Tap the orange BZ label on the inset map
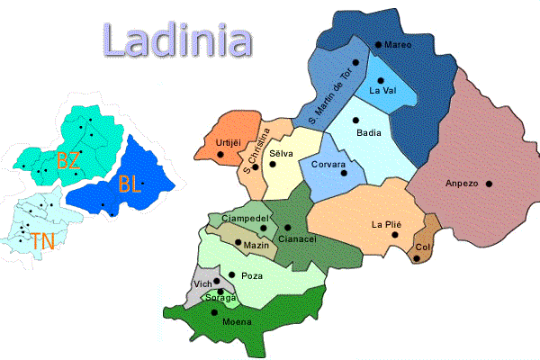[67, 161]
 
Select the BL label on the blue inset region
[129, 185]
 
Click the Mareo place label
[397, 45]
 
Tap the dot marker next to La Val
[381, 80]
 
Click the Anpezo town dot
[490, 184]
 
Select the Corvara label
[328, 165]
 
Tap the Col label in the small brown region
[423, 247]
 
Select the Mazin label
[257, 246]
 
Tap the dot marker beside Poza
[232, 274]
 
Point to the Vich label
[202, 284]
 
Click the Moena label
[212, 322]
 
